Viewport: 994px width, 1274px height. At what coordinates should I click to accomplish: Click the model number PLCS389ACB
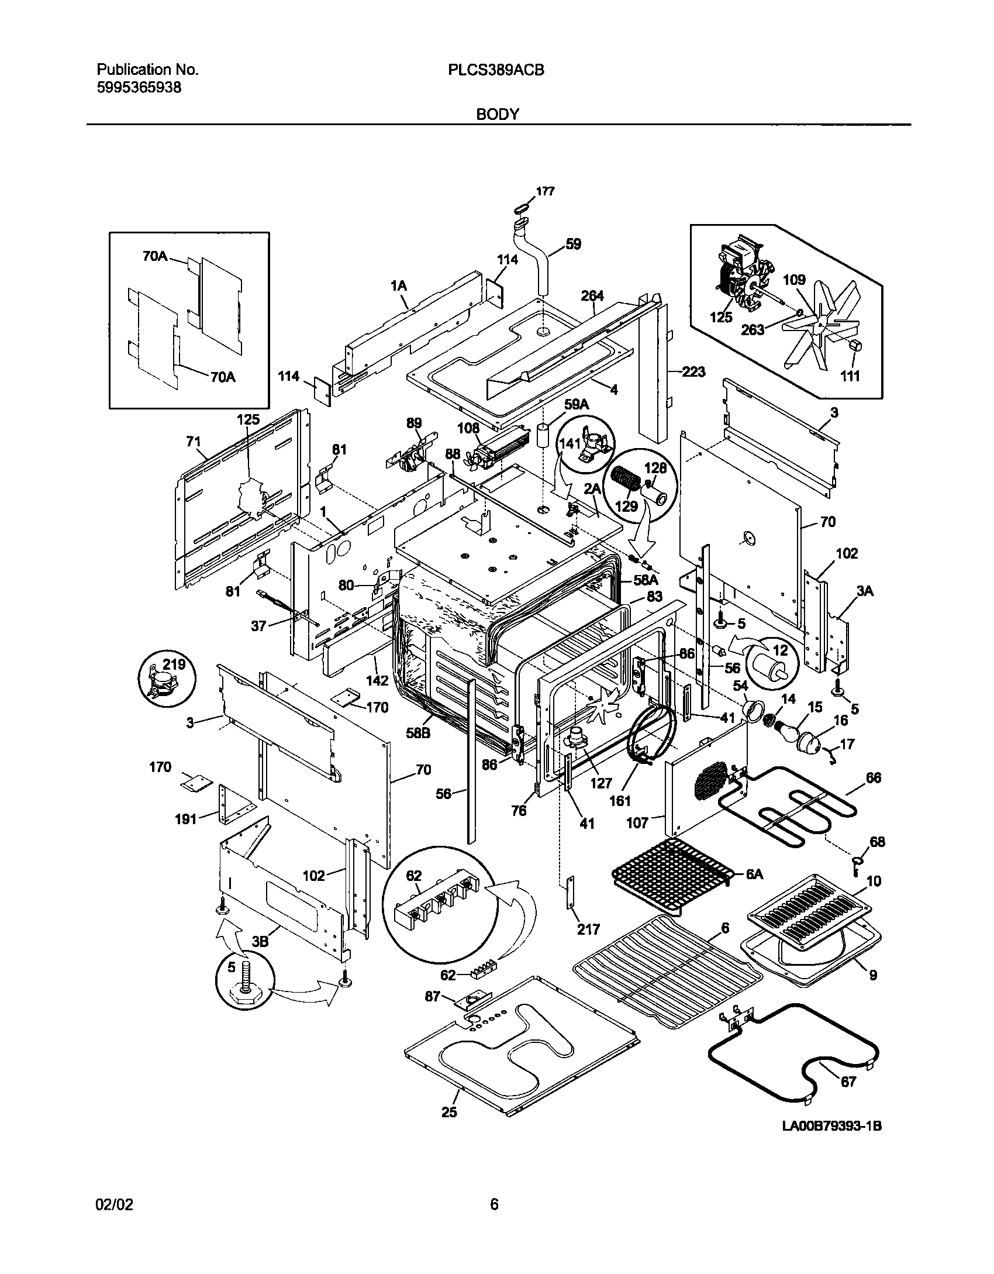pos(496,70)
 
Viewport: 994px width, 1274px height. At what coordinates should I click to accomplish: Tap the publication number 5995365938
pos(139,88)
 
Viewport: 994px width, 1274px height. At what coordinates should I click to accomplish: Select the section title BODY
pos(498,115)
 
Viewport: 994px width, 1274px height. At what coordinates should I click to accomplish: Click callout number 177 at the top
pos(545,191)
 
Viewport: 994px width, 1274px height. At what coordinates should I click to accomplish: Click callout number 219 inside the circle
pos(174,665)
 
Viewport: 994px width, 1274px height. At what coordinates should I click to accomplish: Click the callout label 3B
pos(260,941)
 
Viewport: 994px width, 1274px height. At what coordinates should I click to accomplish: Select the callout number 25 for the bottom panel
pos(449,1112)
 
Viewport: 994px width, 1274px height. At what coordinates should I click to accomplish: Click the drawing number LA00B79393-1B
pos(831,1142)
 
